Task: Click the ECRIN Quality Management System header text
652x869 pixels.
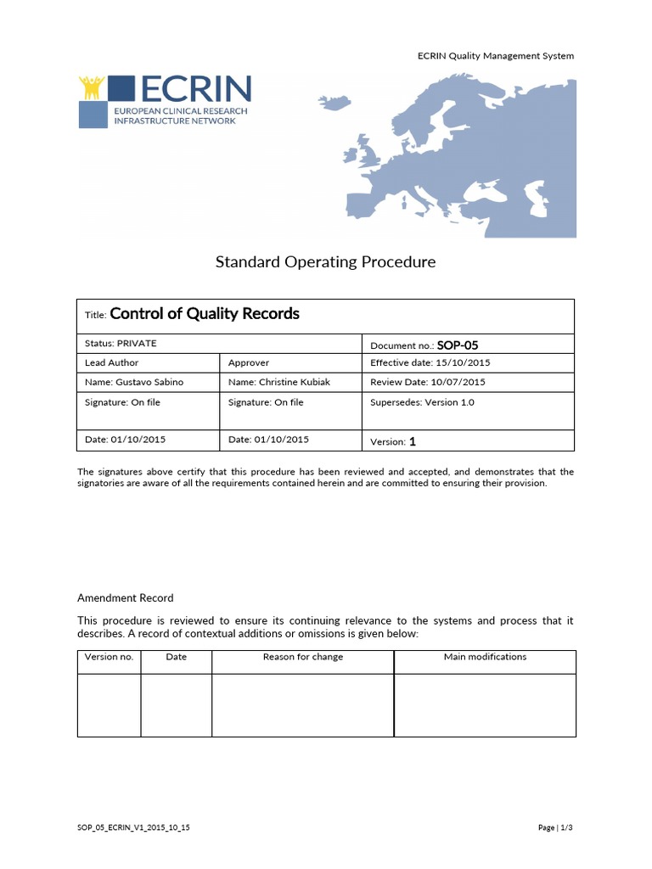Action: pos(496,56)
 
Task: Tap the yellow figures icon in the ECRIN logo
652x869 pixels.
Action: pos(91,87)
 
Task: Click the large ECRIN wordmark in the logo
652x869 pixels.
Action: pos(194,88)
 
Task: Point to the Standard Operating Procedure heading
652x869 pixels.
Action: pos(325,262)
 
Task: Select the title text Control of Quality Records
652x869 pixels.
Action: pos(205,314)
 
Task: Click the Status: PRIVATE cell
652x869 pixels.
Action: pos(121,344)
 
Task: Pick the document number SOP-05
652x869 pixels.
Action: pos(464,345)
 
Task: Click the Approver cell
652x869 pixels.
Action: pos(249,362)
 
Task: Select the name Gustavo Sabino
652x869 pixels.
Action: pos(134,382)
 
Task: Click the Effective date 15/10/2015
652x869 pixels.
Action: pos(430,362)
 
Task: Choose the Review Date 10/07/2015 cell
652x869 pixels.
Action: pos(427,382)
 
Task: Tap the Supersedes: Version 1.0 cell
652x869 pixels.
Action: pos(422,402)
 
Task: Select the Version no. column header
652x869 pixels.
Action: pos(109,657)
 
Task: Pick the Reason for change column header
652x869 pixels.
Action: pos(303,657)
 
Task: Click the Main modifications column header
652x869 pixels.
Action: pos(485,657)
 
